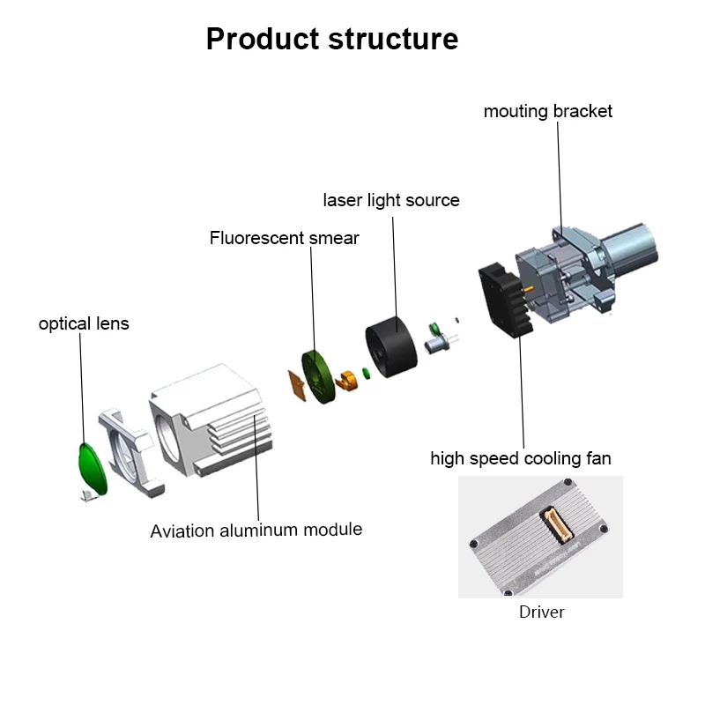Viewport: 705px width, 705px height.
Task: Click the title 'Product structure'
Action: click(332, 39)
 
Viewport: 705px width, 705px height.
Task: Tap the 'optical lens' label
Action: click(84, 323)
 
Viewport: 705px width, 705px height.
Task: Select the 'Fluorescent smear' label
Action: click(284, 238)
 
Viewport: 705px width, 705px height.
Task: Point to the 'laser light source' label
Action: click(391, 201)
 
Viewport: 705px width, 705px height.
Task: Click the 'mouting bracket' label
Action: click(547, 111)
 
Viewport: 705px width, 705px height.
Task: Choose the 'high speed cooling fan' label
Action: click(521, 458)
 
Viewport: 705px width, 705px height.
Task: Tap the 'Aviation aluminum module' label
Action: click(256, 531)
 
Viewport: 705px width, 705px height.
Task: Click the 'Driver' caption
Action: click(541, 612)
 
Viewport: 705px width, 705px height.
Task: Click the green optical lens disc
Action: click(93, 469)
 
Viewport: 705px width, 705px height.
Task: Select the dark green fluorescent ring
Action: click(318, 377)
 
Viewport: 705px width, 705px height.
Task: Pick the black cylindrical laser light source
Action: click(391, 346)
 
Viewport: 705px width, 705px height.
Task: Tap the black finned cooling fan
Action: click(505, 300)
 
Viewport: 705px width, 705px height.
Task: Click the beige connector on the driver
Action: click(557, 523)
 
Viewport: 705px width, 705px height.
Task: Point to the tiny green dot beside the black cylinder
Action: click(367, 373)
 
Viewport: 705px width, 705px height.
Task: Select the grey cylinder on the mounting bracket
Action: click(630, 248)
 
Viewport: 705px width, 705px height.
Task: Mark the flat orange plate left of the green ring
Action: click(297, 385)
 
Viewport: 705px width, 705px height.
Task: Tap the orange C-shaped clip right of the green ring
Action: click(346, 381)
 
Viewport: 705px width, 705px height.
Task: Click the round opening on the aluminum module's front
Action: click(167, 437)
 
